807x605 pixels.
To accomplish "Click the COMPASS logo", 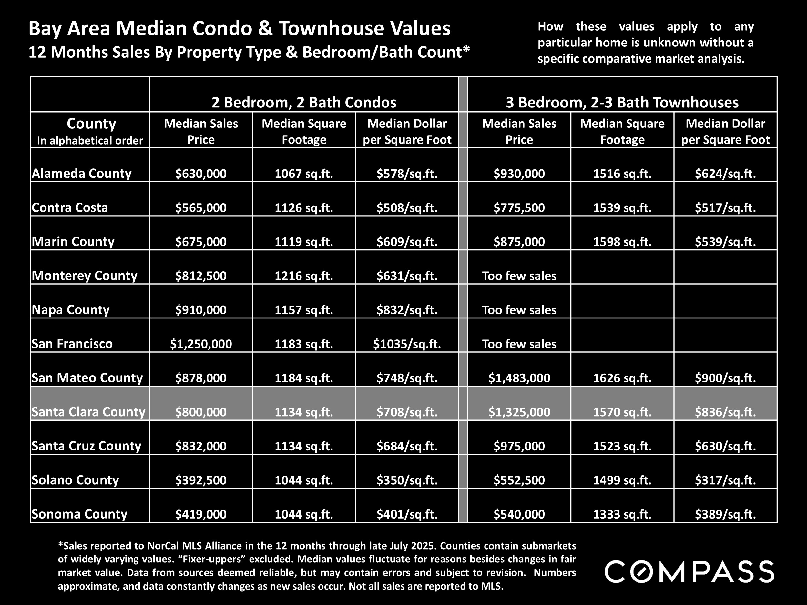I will pos(689,572).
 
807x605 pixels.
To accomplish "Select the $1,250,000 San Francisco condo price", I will pos(201,344).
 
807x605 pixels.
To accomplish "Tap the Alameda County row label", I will pos(81,173).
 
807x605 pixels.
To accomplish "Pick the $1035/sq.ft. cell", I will pos(407,344).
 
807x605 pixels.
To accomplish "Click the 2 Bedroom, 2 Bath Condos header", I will pos(303,102).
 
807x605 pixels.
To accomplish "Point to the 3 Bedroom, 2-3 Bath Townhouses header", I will pos(622,102).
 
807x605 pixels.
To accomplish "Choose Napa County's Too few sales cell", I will pos(519,310).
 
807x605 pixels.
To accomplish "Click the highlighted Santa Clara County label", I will pos(88,412).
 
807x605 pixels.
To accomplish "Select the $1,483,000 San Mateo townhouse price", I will pos(519,378).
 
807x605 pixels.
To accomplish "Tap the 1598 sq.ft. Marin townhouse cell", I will pos(622,242).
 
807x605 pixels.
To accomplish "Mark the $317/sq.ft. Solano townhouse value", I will pos(725,480).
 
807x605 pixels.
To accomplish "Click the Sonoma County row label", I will pos(79,514).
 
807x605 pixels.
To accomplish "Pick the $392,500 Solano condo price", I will pos(201,480).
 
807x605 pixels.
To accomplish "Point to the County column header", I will pos(91,124).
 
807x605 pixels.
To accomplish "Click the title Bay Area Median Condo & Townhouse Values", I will pos(239,28).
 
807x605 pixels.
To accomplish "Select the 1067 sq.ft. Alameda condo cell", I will pos(303,173).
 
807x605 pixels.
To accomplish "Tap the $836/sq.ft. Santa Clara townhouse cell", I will pos(725,412).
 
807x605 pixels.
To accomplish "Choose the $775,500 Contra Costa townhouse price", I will pos(519,208).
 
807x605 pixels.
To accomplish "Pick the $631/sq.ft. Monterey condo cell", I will pos(407,276).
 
